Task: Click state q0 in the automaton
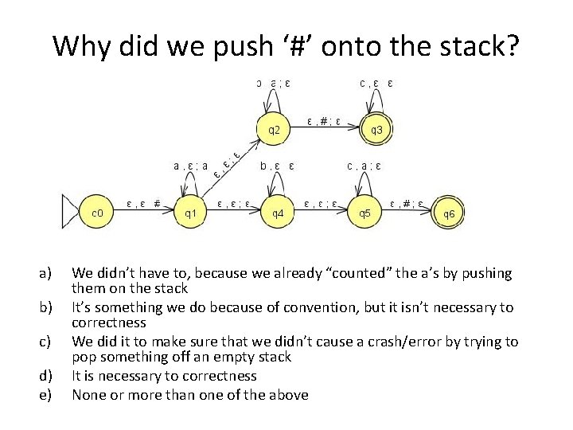coord(95,213)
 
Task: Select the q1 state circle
coord(191,213)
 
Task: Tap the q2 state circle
coord(273,128)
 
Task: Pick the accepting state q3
coord(376,130)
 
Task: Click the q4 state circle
coord(279,213)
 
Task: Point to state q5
coord(364,213)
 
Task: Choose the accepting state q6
coord(450,213)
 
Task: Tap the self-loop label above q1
coord(191,166)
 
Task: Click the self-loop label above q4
coord(278,166)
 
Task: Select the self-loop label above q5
coord(364,166)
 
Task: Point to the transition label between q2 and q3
coord(324,122)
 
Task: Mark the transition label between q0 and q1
coord(145,203)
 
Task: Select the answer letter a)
coord(46,274)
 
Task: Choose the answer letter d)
coord(46,375)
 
